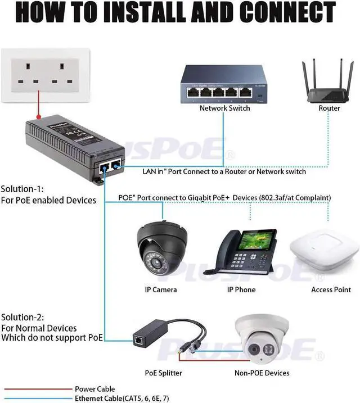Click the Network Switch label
coord(224,108)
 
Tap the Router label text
coord(329,108)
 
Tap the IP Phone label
coord(241,289)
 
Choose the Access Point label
coord(331,289)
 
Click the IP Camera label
coord(160,289)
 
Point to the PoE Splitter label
coord(163,373)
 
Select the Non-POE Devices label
coord(262,373)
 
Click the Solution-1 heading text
coord(22,189)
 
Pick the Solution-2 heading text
coord(22,317)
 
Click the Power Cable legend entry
coord(94,389)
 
